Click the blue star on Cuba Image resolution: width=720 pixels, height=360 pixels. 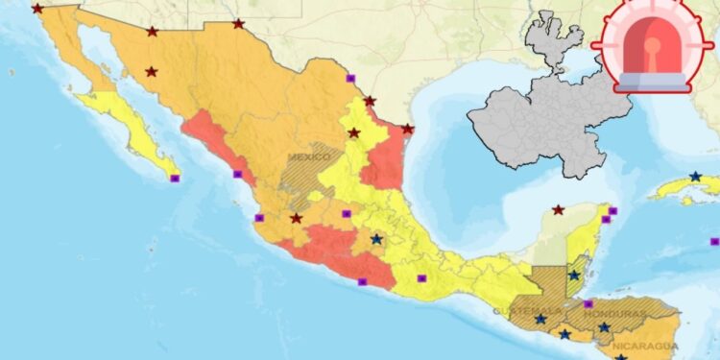(x=695, y=177)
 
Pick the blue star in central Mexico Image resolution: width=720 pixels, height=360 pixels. (x=376, y=239)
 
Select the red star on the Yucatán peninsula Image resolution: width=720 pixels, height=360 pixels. (x=558, y=209)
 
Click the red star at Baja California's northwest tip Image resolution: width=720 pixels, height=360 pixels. (x=37, y=9)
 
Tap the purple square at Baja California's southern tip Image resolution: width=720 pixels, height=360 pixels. (x=175, y=178)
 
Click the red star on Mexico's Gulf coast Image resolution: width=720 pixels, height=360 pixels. (x=407, y=129)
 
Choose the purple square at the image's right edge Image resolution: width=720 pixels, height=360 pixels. (x=715, y=238)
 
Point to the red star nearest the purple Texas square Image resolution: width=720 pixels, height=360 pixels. (x=370, y=101)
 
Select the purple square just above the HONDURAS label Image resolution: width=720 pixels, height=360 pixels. (x=588, y=303)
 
